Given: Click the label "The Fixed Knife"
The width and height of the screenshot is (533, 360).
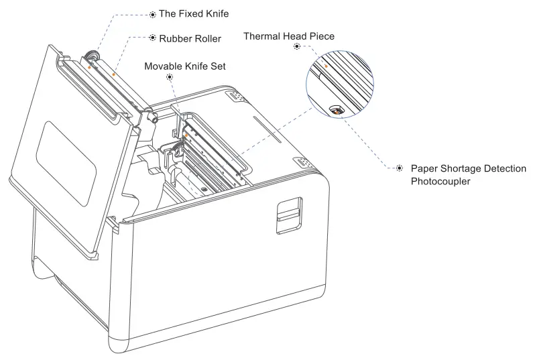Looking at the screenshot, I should coord(194,13).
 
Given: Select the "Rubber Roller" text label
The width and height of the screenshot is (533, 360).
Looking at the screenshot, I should coord(190,38).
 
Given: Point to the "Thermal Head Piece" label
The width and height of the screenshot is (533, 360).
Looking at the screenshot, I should coord(288,36).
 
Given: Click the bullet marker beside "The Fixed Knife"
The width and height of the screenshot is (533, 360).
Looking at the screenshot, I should coord(152,13).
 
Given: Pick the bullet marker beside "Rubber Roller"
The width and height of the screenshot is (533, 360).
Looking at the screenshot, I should coord(152,38).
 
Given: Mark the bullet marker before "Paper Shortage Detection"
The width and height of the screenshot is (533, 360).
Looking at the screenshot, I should coord(400,168).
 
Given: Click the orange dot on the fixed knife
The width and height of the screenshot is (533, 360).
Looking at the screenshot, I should coord(89,67).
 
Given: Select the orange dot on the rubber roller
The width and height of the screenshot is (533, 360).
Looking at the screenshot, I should coord(113,74).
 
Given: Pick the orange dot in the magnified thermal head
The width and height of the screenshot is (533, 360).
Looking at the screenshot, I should coord(327,66).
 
